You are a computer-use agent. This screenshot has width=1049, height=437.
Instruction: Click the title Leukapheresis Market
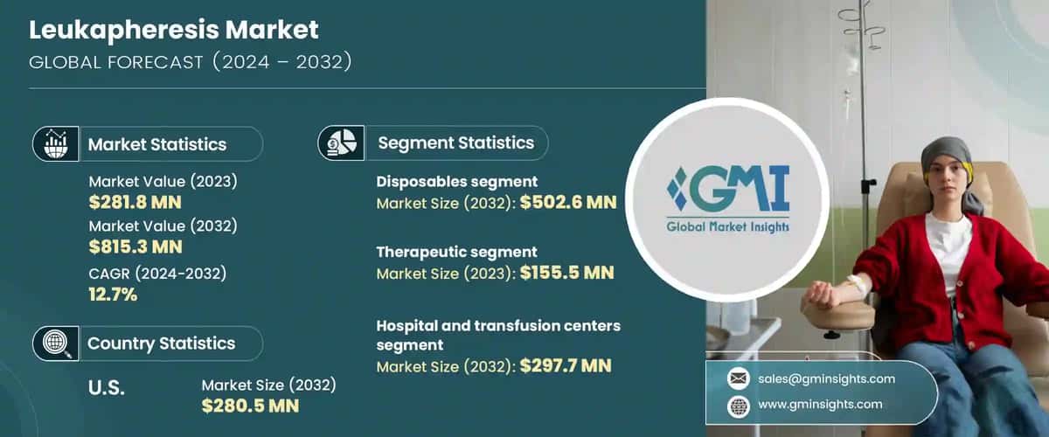(174, 30)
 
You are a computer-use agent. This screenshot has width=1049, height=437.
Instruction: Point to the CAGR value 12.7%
(113, 295)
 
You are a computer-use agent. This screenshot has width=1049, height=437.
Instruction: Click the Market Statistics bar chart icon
(57, 143)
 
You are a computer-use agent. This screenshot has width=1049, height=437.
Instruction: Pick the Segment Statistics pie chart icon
(341, 142)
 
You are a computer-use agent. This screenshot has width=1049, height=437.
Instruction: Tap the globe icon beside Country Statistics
(57, 343)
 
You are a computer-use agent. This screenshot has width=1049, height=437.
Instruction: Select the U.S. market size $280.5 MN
(250, 406)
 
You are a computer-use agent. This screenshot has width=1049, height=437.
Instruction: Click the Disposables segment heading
(456, 182)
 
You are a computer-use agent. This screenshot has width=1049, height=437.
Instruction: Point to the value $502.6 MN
(568, 204)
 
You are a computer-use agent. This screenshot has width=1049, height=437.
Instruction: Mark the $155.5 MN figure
(566, 273)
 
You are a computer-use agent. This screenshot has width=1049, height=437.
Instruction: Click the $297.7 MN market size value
(566, 365)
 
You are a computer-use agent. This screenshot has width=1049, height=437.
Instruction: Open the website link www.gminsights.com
(819, 404)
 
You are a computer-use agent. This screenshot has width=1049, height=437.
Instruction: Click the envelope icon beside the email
(738, 378)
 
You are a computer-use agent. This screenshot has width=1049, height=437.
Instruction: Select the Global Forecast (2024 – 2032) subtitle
(191, 61)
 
